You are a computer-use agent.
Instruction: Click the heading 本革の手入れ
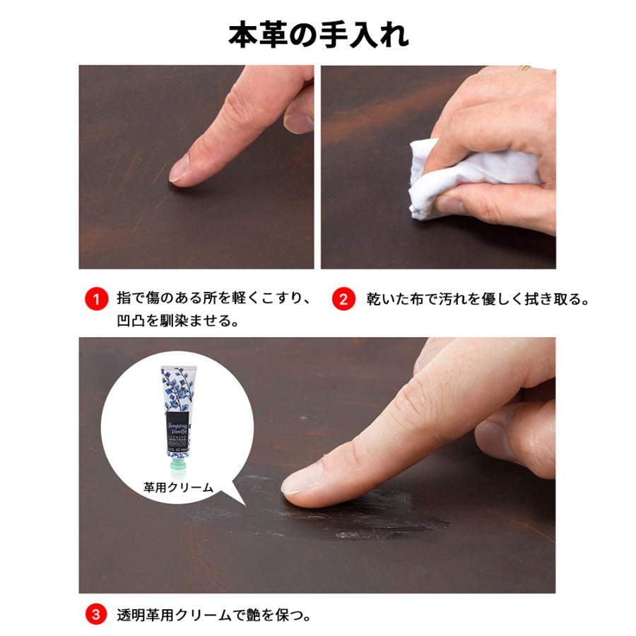(318, 34)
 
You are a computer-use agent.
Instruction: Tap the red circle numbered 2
(343, 298)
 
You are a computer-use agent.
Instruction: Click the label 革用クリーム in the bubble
(177, 486)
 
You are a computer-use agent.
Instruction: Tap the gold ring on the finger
(526, 69)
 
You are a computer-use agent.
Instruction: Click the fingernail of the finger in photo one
(179, 168)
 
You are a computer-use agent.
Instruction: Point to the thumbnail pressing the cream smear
(302, 482)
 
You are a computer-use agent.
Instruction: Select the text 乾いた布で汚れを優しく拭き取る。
(478, 298)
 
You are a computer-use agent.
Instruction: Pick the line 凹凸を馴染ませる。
(177, 320)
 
